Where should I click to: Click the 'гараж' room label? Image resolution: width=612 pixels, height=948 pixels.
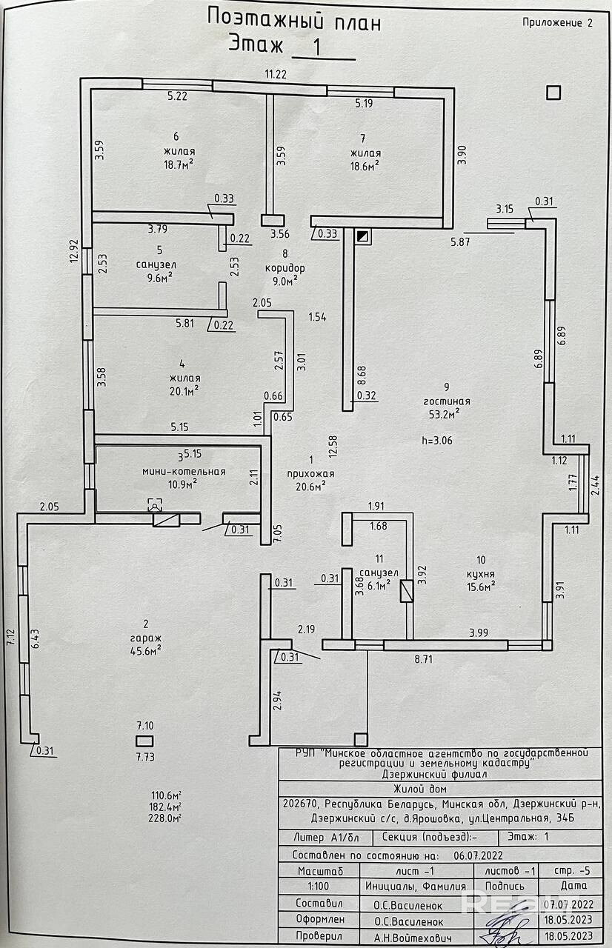[146, 638]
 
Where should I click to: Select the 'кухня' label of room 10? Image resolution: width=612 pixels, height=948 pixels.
[481, 574]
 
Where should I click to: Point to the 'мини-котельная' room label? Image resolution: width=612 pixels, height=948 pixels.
[184, 472]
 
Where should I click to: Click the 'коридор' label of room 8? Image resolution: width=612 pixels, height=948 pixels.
[285, 268]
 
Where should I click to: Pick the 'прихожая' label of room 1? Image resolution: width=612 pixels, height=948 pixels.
[310, 474]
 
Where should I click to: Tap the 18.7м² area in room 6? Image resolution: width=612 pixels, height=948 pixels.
[179, 164]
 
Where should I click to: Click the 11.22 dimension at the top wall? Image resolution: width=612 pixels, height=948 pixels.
[276, 74]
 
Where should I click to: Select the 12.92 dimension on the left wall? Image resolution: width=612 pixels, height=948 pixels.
[75, 251]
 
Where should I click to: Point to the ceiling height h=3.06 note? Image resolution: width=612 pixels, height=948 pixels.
[437, 441]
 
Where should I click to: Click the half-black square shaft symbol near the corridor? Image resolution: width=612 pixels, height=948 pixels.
[363, 236]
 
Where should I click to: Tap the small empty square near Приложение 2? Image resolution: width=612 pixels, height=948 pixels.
[553, 93]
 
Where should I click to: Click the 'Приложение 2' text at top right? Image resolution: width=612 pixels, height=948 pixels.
[557, 23]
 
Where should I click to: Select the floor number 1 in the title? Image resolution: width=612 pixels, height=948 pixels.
[316, 47]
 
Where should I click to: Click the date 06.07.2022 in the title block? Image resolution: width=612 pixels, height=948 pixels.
[478, 855]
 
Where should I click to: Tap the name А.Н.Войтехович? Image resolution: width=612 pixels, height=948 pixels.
[413, 938]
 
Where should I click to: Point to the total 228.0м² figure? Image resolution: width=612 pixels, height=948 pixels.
[164, 818]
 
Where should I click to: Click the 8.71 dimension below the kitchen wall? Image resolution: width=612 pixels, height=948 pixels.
[423, 659]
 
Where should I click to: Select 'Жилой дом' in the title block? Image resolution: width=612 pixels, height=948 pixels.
[420, 790]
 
